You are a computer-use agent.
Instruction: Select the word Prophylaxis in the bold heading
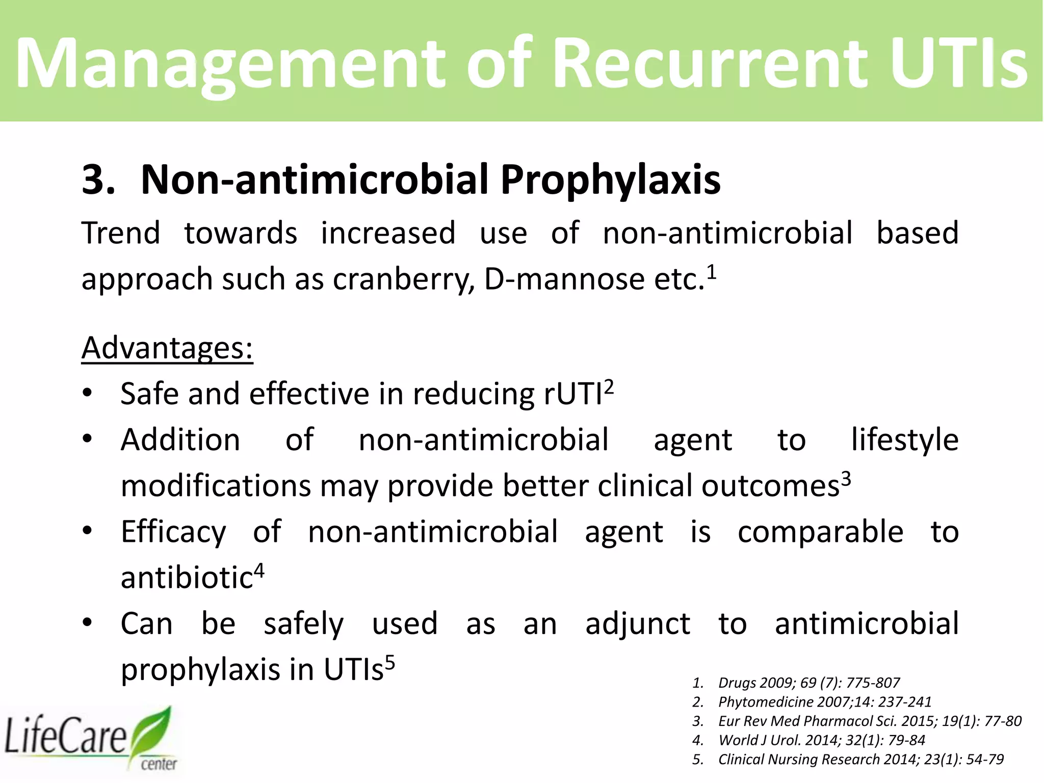tap(610, 180)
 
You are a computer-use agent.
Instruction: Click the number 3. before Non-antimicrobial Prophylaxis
tap(98, 180)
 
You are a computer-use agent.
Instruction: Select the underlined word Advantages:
tap(167, 348)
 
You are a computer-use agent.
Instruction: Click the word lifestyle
tap(904, 440)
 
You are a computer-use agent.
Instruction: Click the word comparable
tap(820, 532)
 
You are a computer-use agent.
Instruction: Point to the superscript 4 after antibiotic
tap(259, 570)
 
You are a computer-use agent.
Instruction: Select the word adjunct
tap(637, 624)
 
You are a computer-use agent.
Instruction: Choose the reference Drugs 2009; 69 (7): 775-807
tap(808, 683)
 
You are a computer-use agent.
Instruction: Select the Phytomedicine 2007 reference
tap(824, 702)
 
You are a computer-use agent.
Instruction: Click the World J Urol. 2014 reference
tap(821, 740)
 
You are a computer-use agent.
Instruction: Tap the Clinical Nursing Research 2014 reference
tap(860, 760)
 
